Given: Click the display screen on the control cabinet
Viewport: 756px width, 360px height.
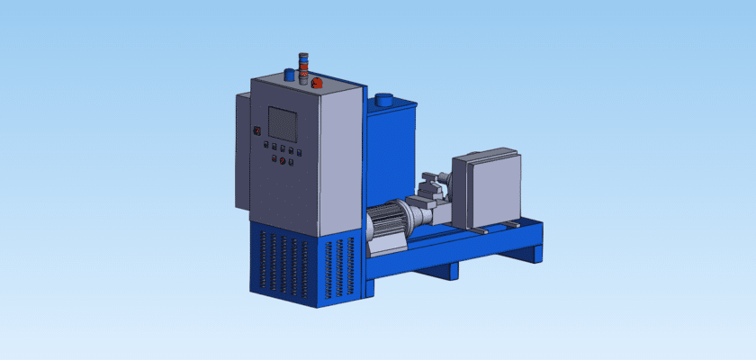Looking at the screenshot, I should pyautogui.click(x=283, y=124).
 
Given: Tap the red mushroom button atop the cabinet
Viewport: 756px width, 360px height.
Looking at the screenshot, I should pyautogui.click(x=317, y=83).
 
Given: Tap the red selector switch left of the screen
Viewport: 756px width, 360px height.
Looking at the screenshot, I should pyautogui.click(x=256, y=130).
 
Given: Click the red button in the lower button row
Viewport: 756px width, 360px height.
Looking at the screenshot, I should pyautogui.click(x=283, y=162).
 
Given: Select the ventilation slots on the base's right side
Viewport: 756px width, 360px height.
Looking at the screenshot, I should pyautogui.click(x=339, y=266).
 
